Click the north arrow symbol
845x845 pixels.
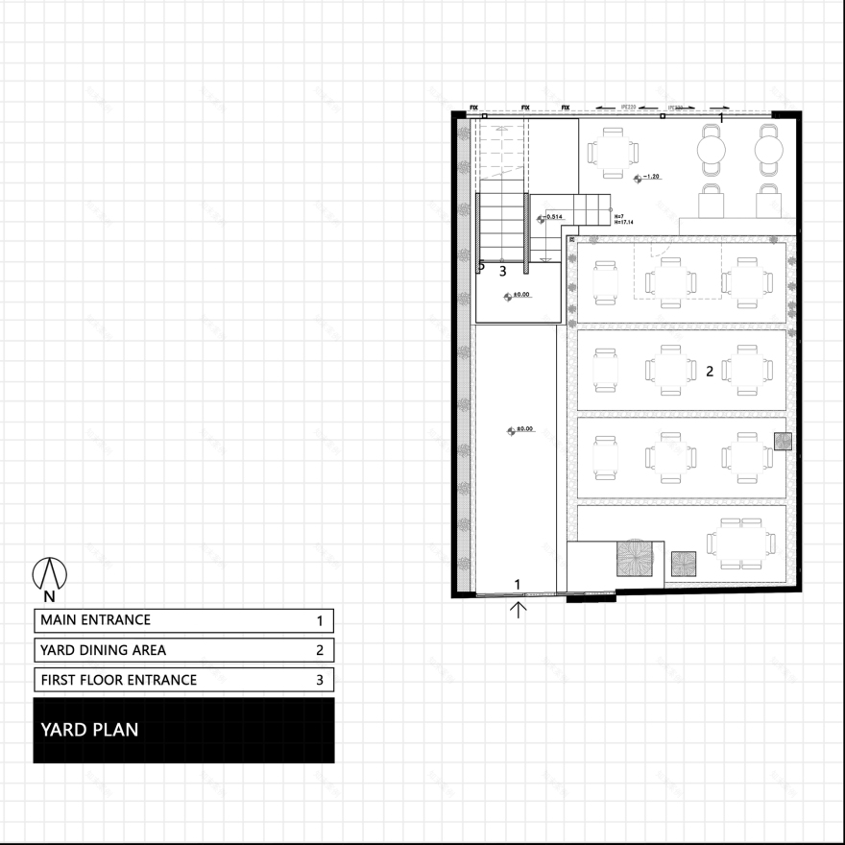(x=50, y=575)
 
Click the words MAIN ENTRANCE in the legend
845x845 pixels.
(x=95, y=620)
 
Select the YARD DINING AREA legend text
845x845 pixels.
(x=103, y=650)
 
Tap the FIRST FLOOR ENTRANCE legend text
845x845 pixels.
(x=118, y=680)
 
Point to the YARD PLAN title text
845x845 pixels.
(x=89, y=730)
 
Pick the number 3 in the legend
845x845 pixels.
(x=320, y=681)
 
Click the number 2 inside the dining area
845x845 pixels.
(x=710, y=371)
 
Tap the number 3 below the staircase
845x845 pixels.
(x=502, y=271)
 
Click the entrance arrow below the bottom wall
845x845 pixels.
(x=519, y=609)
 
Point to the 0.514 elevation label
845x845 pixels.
(x=554, y=217)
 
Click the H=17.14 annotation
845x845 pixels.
(x=623, y=222)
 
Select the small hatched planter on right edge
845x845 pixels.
(x=784, y=441)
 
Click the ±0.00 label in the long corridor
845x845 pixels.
(x=524, y=430)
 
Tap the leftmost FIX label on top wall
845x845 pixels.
(x=473, y=108)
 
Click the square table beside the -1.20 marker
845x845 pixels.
(x=612, y=152)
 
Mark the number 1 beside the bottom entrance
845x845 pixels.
(x=518, y=584)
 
